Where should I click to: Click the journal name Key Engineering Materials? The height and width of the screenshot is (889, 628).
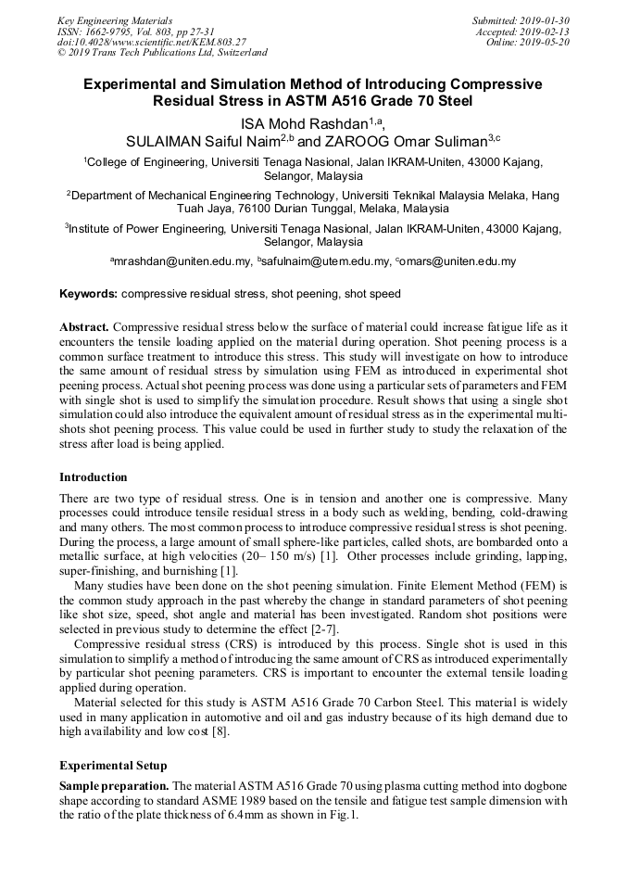[115, 20]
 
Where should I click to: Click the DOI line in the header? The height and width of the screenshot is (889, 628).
[152, 43]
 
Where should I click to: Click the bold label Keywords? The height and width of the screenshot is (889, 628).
[89, 294]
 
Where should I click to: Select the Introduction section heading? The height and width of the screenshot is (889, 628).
[94, 477]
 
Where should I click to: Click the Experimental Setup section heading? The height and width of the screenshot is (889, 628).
[113, 766]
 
